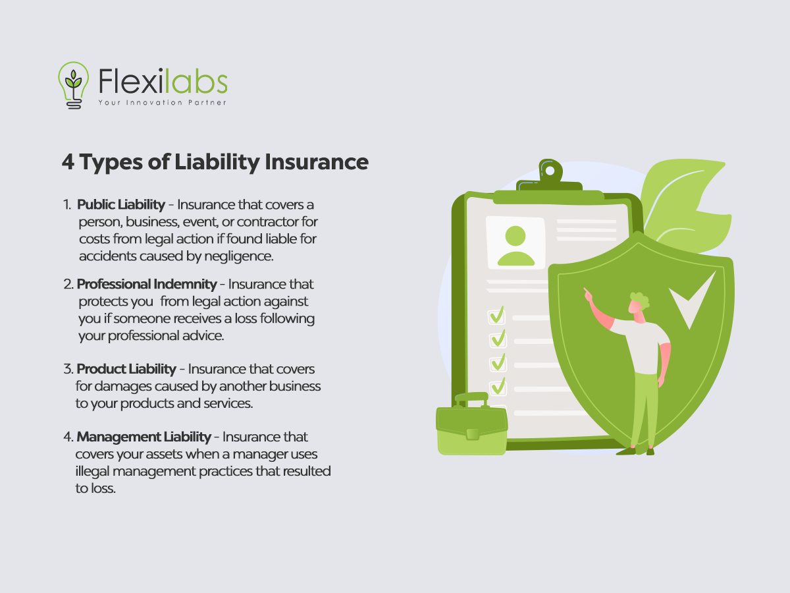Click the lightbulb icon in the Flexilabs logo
pos(74,85)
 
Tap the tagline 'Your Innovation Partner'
pos(163,103)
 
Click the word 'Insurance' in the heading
pos(317,162)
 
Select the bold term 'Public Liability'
pos(121,204)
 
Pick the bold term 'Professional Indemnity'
pos(147,284)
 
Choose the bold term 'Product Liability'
pos(126,369)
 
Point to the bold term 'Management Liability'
pos(144,437)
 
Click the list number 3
pos(68,369)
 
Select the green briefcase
pos(472,424)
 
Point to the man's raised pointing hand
pos(588,296)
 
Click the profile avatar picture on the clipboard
pos(515,242)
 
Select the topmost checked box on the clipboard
pos(496,316)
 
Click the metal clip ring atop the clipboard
pos(550,170)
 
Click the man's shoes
pos(635,451)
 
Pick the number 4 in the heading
pos(68,161)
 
